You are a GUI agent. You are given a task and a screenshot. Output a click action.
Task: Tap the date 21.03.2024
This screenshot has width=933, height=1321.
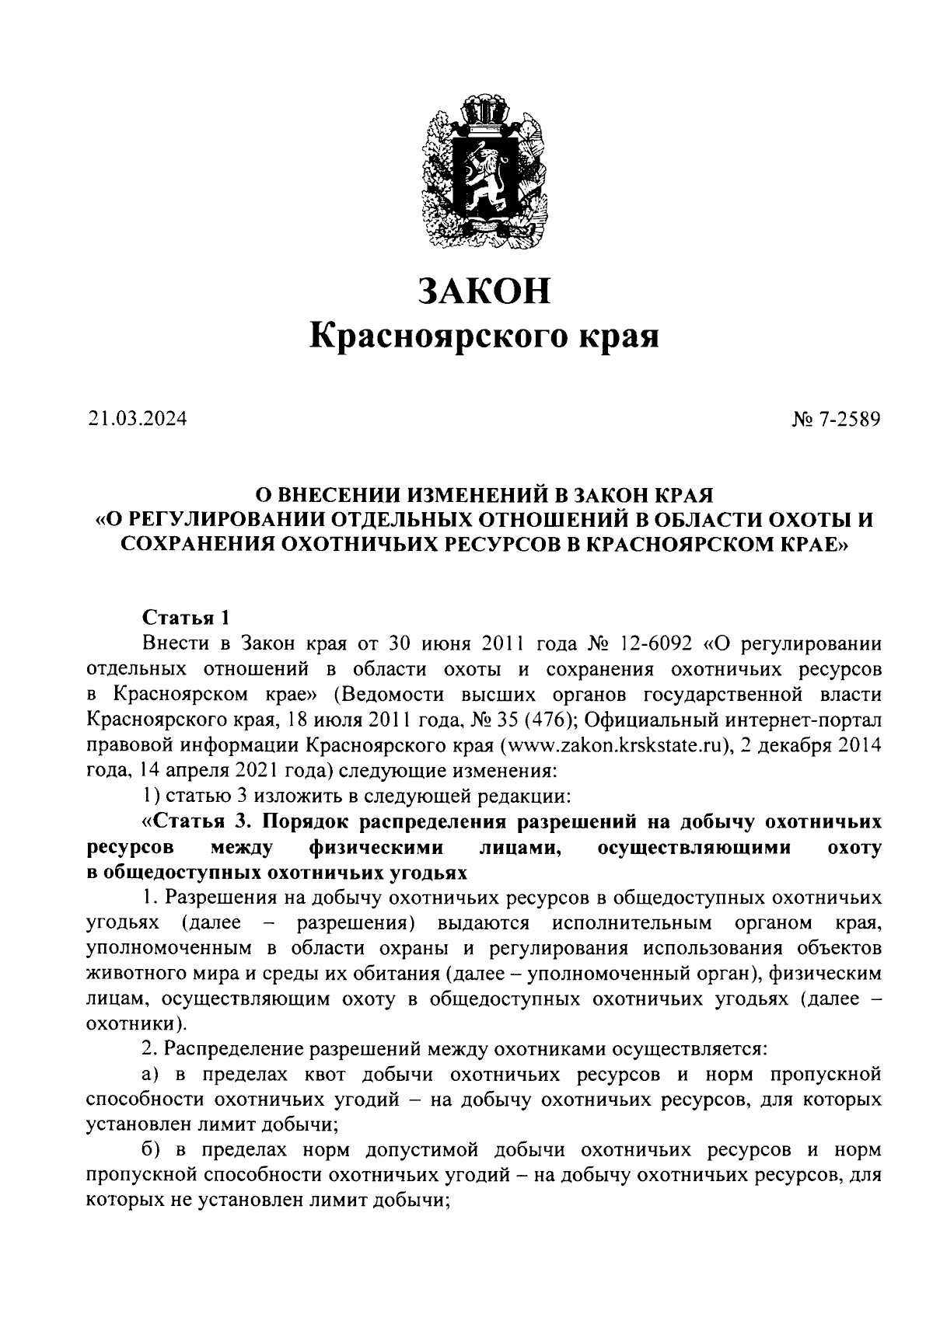(x=137, y=420)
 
